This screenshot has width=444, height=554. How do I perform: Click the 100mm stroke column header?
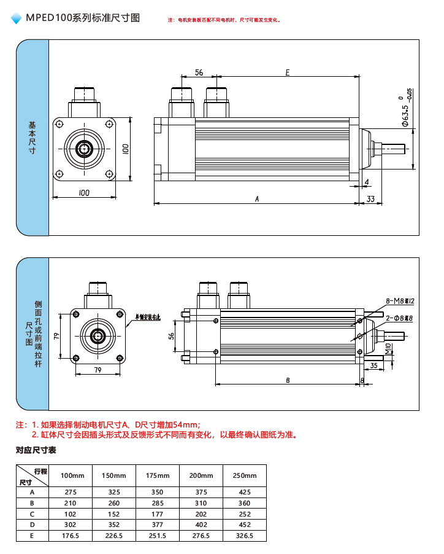pyautogui.click(x=72, y=476)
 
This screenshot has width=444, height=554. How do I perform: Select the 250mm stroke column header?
pyautogui.click(x=245, y=476)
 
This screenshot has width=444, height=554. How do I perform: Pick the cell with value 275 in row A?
pyautogui.click(x=72, y=492)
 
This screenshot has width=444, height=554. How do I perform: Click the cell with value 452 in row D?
pyautogui.click(x=245, y=525)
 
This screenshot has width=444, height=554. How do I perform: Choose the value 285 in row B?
pyautogui.click(x=158, y=503)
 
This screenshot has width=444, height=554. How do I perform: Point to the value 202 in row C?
pyautogui.click(x=201, y=513)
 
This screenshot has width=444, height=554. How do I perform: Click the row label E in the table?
pyautogui.click(x=32, y=536)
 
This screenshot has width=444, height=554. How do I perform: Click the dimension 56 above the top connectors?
pyautogui.click(x=199, y=72)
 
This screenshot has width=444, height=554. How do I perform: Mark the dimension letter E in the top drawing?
pyautogui.click(x=287, y=72)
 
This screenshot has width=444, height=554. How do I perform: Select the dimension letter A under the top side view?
pyautogui.click(x=258, y=199)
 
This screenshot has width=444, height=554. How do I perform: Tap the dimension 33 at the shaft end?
pyautogui.click(x=370, y=199)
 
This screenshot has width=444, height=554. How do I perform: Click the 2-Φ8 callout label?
pyautogui.click(x=399, y=318)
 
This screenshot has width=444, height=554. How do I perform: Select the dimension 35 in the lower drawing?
pyautogui.click(x=374, y=365)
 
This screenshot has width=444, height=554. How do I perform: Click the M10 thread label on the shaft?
pyautogui.click(x=388, y=350)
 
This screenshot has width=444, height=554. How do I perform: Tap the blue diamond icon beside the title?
pyautogui.click(x=17, y=19)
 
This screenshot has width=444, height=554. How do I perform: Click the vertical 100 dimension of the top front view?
pyautogui.click(x=125, y=149)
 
